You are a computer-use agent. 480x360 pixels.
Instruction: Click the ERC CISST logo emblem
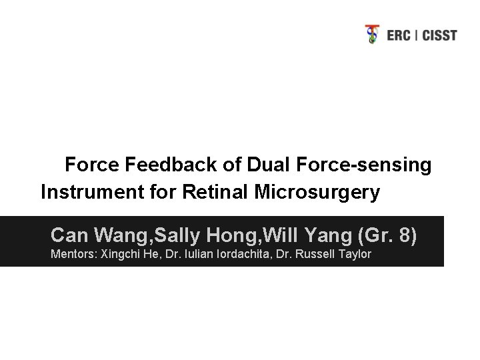tap(373, 34)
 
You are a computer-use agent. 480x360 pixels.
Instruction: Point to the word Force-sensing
tap(359, 165)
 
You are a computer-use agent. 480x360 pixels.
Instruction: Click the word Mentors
tap(73, 255)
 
